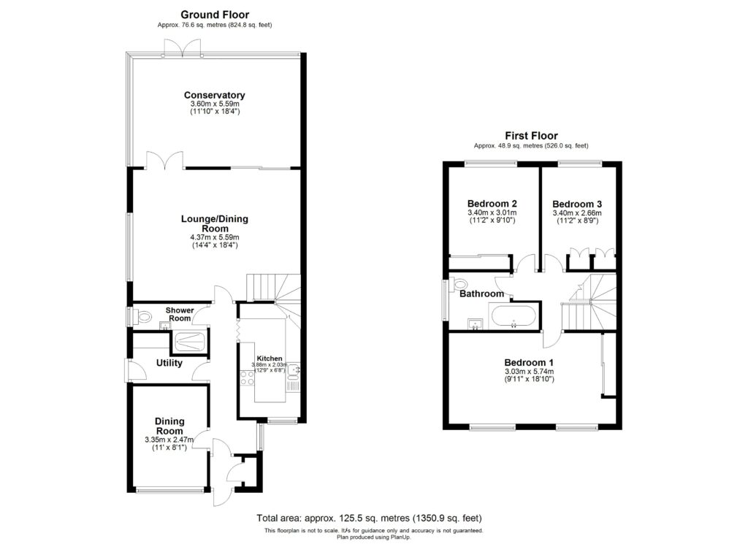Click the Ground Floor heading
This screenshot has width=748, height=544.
tap(215, 15)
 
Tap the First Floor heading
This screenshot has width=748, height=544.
tap(532, 136)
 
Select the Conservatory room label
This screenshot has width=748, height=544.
tap(215, 95)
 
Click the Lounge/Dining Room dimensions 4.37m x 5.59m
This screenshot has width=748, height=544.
tap(215, 237)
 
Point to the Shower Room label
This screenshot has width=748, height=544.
tap(180, 314)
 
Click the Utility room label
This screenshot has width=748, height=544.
tap(169, 363)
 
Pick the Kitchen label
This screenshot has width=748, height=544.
tap(270, 358)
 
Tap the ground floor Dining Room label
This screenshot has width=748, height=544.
tap(169, 426)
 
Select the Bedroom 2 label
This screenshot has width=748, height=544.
tap(492, 204)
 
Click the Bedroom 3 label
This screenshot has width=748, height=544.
tap(577, 204)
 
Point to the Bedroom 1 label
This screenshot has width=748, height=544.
tap(529, 362)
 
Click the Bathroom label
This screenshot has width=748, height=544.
tap(481, 294)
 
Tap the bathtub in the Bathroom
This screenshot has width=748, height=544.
tap(514, 317)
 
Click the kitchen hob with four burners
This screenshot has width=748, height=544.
tap(247, 378)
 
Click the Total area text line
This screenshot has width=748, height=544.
tap(369, 518)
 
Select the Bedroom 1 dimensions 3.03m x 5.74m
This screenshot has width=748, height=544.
tap(529, 372)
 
